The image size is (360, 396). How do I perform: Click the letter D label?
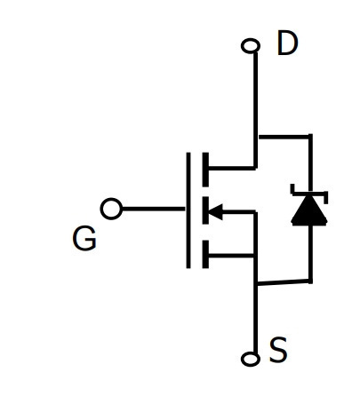pos(287,44)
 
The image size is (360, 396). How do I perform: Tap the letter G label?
pos(84,238)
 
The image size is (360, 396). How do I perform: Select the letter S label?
pos(278,350)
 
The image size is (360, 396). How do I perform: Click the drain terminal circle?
pos(251,46)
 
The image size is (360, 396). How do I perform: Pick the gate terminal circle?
pos(111,209)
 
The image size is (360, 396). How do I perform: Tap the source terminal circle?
pos(251,359)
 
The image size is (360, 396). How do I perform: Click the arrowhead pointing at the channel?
pos(215,212)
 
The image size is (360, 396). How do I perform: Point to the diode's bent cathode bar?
pos(309,194)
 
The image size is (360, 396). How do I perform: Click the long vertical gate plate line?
pos(188,210)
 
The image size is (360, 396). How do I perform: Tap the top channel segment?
pos(205,170)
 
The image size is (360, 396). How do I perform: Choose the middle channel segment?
pos(205,210)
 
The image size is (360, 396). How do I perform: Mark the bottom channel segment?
pos(205,254)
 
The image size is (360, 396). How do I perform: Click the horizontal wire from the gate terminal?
pos(154,209)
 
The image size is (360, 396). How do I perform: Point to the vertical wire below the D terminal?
pos(255,110)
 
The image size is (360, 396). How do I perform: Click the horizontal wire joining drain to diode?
pos(284,137)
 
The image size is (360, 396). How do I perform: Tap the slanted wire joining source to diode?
pos(283,282)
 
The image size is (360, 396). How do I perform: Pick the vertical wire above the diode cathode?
pos(310,162)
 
